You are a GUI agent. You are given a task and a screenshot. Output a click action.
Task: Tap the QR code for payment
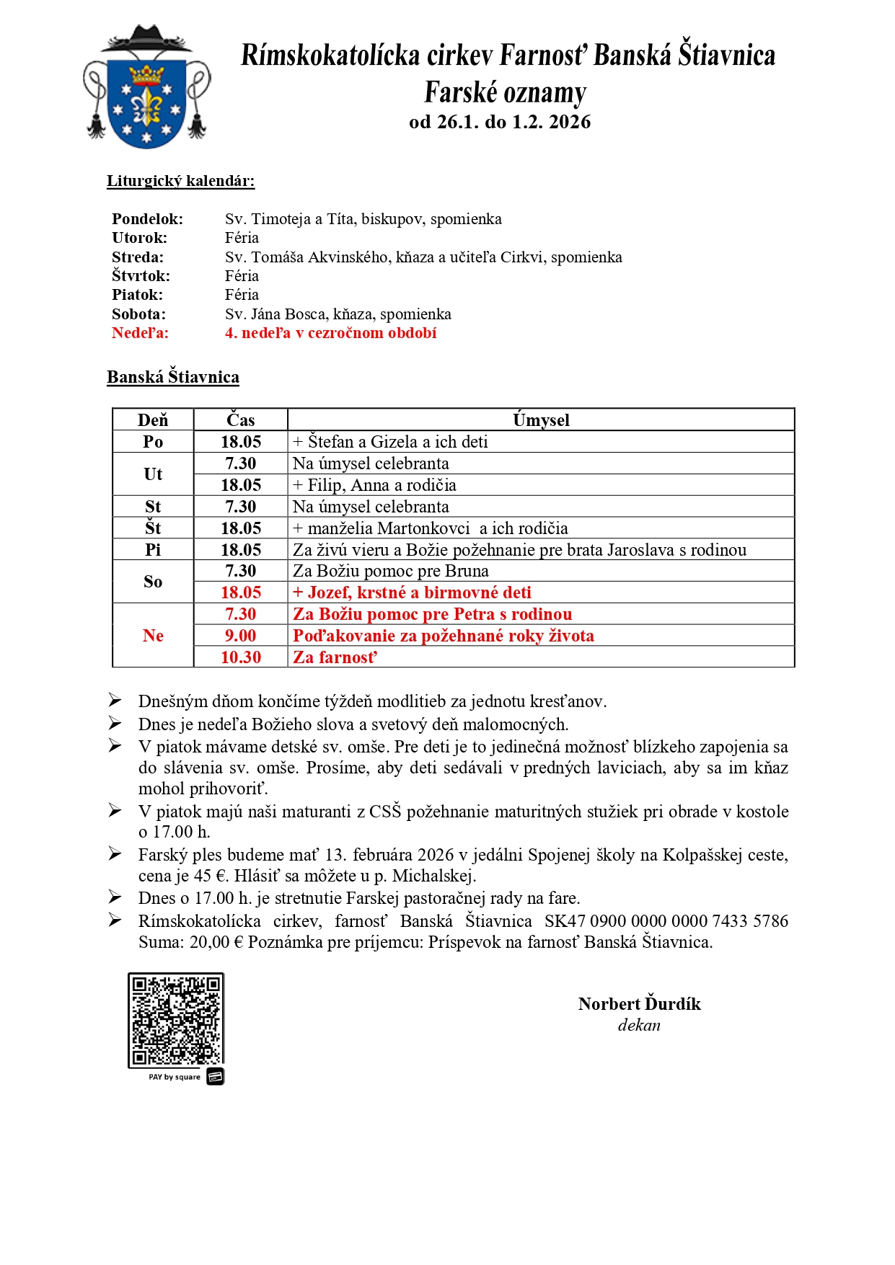click(x=176, y=1020)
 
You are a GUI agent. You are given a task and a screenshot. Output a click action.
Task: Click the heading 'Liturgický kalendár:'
click(x=180, y=181)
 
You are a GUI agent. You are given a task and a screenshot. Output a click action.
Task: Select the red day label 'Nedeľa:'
click(x=140, y=333)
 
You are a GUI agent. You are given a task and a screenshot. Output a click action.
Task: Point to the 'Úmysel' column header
click(x=541, y=420)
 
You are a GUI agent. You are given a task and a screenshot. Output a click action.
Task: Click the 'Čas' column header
click(x=240, y=420)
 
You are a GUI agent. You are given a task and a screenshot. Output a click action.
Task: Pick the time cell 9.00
click(x=240, y=636)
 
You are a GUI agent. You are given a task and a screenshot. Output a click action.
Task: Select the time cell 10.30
click(x=240, y=657)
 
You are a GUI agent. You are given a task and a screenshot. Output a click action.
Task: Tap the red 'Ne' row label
click(x=153, y=636)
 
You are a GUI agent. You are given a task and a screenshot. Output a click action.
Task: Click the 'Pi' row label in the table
click(x=153, y=550)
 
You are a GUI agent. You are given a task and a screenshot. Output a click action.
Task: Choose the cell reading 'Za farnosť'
click(x=335, y=657)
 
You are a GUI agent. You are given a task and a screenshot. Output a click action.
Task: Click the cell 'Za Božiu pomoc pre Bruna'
click(x=390, y=571)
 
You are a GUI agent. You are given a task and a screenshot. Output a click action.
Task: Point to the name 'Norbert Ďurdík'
click(x=639, y=1004)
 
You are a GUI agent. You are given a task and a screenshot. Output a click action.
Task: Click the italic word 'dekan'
click(x=639, y=1025)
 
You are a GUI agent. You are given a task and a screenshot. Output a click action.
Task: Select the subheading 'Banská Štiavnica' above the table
click(x=173, y=377)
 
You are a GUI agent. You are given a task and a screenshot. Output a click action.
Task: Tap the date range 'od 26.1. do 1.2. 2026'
click(x=500, y=122)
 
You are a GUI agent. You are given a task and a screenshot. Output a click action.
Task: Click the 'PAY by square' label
click(x=175, y=1077)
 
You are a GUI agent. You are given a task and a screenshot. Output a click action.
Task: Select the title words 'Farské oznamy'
click(x=505, y=93)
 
